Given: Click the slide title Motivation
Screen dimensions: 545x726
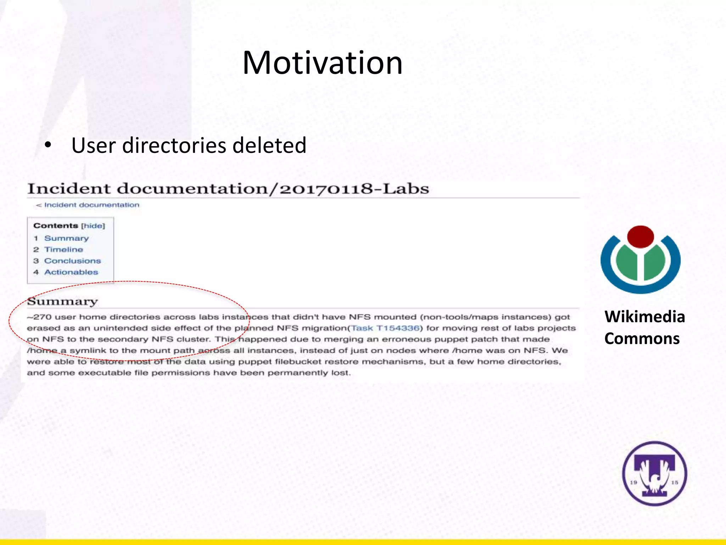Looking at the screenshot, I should coord(322,63).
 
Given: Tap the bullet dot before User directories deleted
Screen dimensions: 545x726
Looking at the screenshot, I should coord(48,145).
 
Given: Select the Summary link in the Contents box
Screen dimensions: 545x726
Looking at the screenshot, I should coord(66,238).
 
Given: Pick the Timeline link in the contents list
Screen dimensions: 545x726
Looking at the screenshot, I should coord(63,250).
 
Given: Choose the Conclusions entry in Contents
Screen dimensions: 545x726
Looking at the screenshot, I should coord(72,261).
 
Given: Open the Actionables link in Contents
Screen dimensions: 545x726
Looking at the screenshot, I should coord(71,272).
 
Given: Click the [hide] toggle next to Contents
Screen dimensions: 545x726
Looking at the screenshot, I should coord(93,226).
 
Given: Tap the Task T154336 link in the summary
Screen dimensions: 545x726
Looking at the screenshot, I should coord(385,328).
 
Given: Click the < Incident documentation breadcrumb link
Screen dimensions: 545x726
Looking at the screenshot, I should coord(88,205).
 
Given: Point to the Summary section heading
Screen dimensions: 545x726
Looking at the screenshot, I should coord(62,302).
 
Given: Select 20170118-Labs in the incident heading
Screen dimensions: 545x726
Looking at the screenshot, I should coord(354,189).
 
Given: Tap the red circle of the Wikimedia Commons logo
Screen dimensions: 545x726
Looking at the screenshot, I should coord(640,236).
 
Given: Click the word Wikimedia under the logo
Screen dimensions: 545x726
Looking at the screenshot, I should coord(644,317).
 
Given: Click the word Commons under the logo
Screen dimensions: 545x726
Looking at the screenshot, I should coord(642,339).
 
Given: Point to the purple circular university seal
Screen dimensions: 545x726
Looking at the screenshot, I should coord(654,473).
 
